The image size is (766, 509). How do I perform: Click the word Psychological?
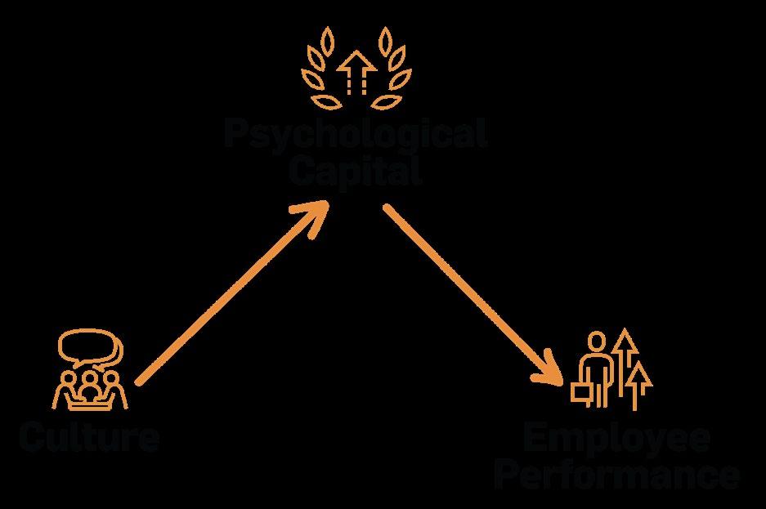pos(356,134)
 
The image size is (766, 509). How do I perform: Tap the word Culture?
pos(89,438)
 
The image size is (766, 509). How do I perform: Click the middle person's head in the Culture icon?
pos(89,380)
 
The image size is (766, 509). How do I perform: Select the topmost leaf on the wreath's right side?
pos(383,38)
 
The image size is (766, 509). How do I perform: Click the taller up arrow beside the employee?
pos(625,359)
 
